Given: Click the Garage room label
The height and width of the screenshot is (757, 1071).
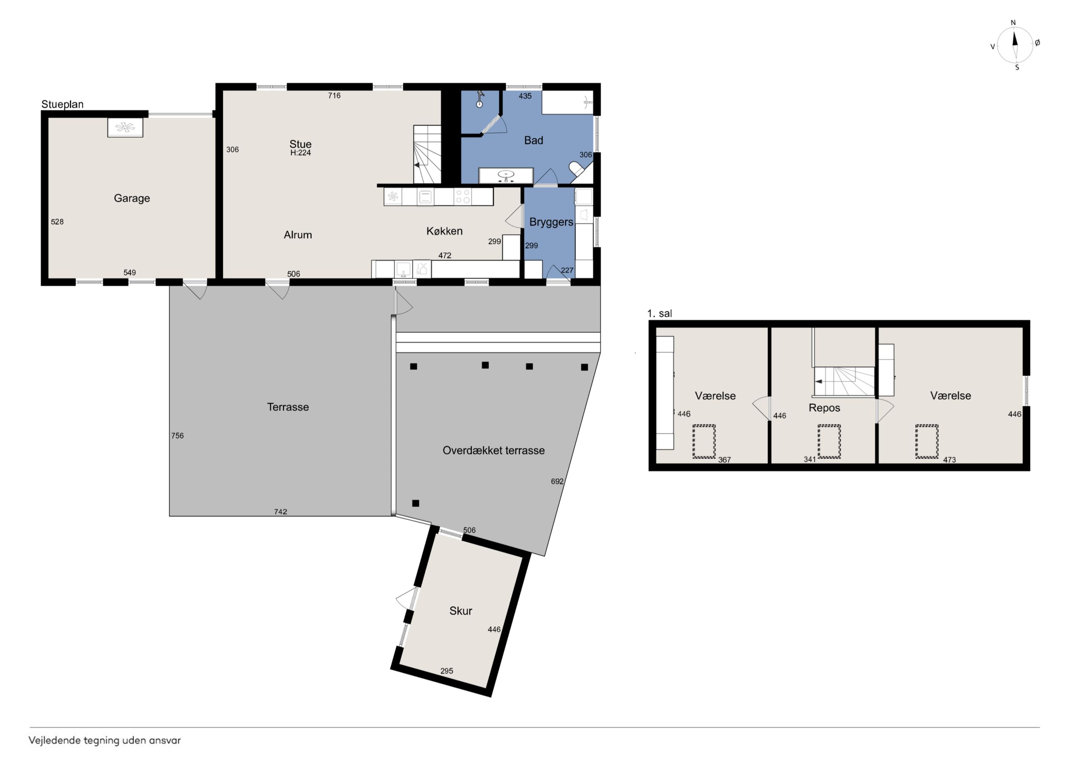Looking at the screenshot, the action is click(132, 198).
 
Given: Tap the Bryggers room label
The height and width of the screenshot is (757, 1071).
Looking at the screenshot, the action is click(551, 222).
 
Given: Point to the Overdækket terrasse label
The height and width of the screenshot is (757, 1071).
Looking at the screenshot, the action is click(493, 450).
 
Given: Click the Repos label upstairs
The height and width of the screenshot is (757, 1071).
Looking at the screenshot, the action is click(824, 408).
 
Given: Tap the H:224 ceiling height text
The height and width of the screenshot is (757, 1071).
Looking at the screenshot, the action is click(300, 152).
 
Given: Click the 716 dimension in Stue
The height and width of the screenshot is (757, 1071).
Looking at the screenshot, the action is click(334, 96).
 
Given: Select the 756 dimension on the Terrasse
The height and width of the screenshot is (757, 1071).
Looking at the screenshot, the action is click(177, 436).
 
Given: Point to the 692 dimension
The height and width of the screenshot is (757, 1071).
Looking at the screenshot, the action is click(557, 481).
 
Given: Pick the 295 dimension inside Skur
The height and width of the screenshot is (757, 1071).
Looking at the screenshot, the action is click(447, 671).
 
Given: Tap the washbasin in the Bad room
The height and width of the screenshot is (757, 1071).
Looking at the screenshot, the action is click(506, 175).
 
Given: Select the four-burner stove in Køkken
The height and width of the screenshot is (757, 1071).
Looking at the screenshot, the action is click(463, 196).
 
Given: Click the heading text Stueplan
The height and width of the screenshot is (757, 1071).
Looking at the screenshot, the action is click(63, 105).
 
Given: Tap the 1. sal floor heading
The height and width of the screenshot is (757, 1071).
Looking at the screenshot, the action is click(659, 313).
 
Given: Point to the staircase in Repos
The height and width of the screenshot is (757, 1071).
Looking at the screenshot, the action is click(844, 381).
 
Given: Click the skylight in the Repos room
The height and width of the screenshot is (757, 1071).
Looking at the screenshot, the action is click(829, 441).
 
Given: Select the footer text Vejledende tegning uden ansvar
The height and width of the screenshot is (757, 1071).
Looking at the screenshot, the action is click(105, 740).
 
